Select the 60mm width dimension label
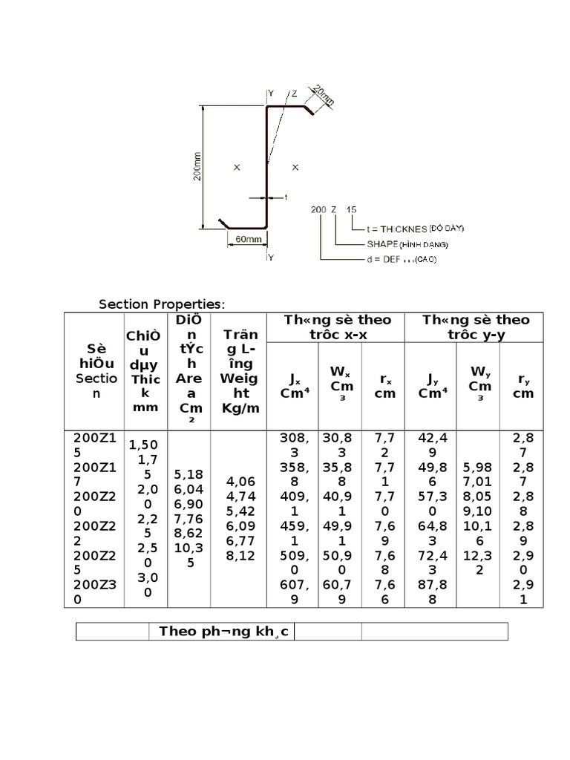[248, 240]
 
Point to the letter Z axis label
[294, 94]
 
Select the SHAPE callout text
[407, 243]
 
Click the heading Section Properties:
[162, 304]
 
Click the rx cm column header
[384, 386]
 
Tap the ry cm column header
[523, 386]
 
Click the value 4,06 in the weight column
[240, 481]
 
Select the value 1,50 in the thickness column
[144, 445]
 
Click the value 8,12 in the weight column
[240, 554]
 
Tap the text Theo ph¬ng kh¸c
[222, 632]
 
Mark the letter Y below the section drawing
[271, 258]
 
